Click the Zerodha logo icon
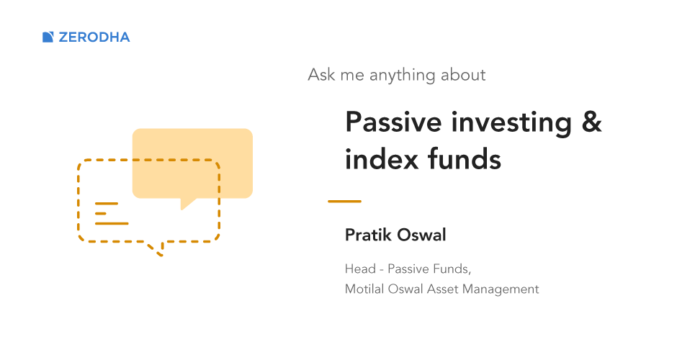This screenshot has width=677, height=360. (48, 37)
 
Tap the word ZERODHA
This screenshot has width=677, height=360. (94, 37)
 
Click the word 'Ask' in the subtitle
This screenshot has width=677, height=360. (321, 75)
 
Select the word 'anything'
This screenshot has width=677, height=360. (403, 76)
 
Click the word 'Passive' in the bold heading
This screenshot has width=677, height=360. (393, 122)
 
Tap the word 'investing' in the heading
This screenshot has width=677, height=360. (511, 123)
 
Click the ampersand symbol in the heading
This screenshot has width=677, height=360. (591, 122)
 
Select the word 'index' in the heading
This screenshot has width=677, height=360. (382, 159)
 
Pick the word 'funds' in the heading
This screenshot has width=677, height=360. (465, 159)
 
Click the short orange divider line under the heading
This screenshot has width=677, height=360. (344, 201)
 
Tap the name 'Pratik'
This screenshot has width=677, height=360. (368, 235)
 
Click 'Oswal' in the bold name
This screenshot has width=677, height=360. (421, 235)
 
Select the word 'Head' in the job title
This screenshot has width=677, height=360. (360, 269)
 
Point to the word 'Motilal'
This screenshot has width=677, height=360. (364, 289)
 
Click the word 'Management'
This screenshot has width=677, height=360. (501, 289)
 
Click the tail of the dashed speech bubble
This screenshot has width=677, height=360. (157, 249)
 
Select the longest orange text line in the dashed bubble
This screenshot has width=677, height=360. (112, 224)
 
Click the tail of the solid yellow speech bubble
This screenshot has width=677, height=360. (187, 203)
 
